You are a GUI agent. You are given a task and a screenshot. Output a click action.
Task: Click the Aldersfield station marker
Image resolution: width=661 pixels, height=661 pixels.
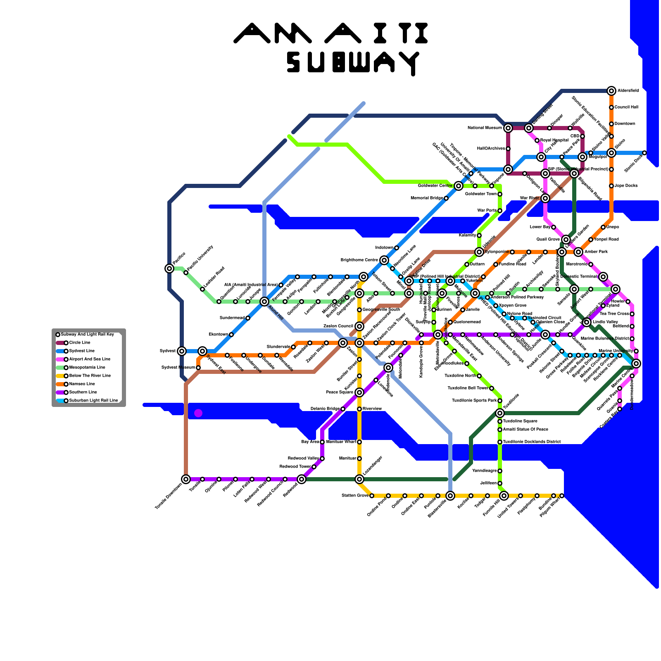(x=611, y=91)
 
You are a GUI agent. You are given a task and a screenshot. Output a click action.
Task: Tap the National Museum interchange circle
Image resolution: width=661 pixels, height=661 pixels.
(x=508, y=128)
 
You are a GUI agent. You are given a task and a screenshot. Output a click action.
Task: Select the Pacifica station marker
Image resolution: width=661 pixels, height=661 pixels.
(x=169, y=269)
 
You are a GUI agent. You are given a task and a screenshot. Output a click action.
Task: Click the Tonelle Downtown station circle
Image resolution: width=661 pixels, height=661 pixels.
(x=186, y=479)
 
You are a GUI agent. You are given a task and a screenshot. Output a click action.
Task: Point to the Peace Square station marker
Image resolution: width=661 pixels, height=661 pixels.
(x=359, y=392)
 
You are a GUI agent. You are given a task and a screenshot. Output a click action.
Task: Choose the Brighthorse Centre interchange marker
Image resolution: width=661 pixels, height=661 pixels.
(x=384, y=260)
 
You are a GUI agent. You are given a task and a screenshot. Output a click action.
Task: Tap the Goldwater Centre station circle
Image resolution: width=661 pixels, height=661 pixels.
(x=459, y=186)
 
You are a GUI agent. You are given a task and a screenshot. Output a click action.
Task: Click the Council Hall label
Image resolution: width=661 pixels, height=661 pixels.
(x=626, y=107)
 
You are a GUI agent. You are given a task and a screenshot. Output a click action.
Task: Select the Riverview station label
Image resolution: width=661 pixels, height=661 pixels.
(x=372, y=409)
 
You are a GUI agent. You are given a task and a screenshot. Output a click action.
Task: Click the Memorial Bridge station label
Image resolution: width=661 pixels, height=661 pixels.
(x=427, y=198)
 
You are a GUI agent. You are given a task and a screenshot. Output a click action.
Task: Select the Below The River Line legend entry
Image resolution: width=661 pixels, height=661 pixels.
(x=90, y=376)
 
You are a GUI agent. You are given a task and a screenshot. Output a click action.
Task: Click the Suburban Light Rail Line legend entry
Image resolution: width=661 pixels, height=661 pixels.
(x=93, y=401)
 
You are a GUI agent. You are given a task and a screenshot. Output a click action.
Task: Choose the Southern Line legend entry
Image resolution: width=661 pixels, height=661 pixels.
(x=83, y=392)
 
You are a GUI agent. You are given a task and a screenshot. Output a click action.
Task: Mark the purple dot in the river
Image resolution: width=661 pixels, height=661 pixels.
(x=198, y=413)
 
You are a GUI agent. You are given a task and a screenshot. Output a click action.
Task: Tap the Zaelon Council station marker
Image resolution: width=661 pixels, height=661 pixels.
(x=359, y=326)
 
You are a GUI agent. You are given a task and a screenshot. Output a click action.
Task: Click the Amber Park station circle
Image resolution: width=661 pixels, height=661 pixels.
(x=578, y=252)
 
